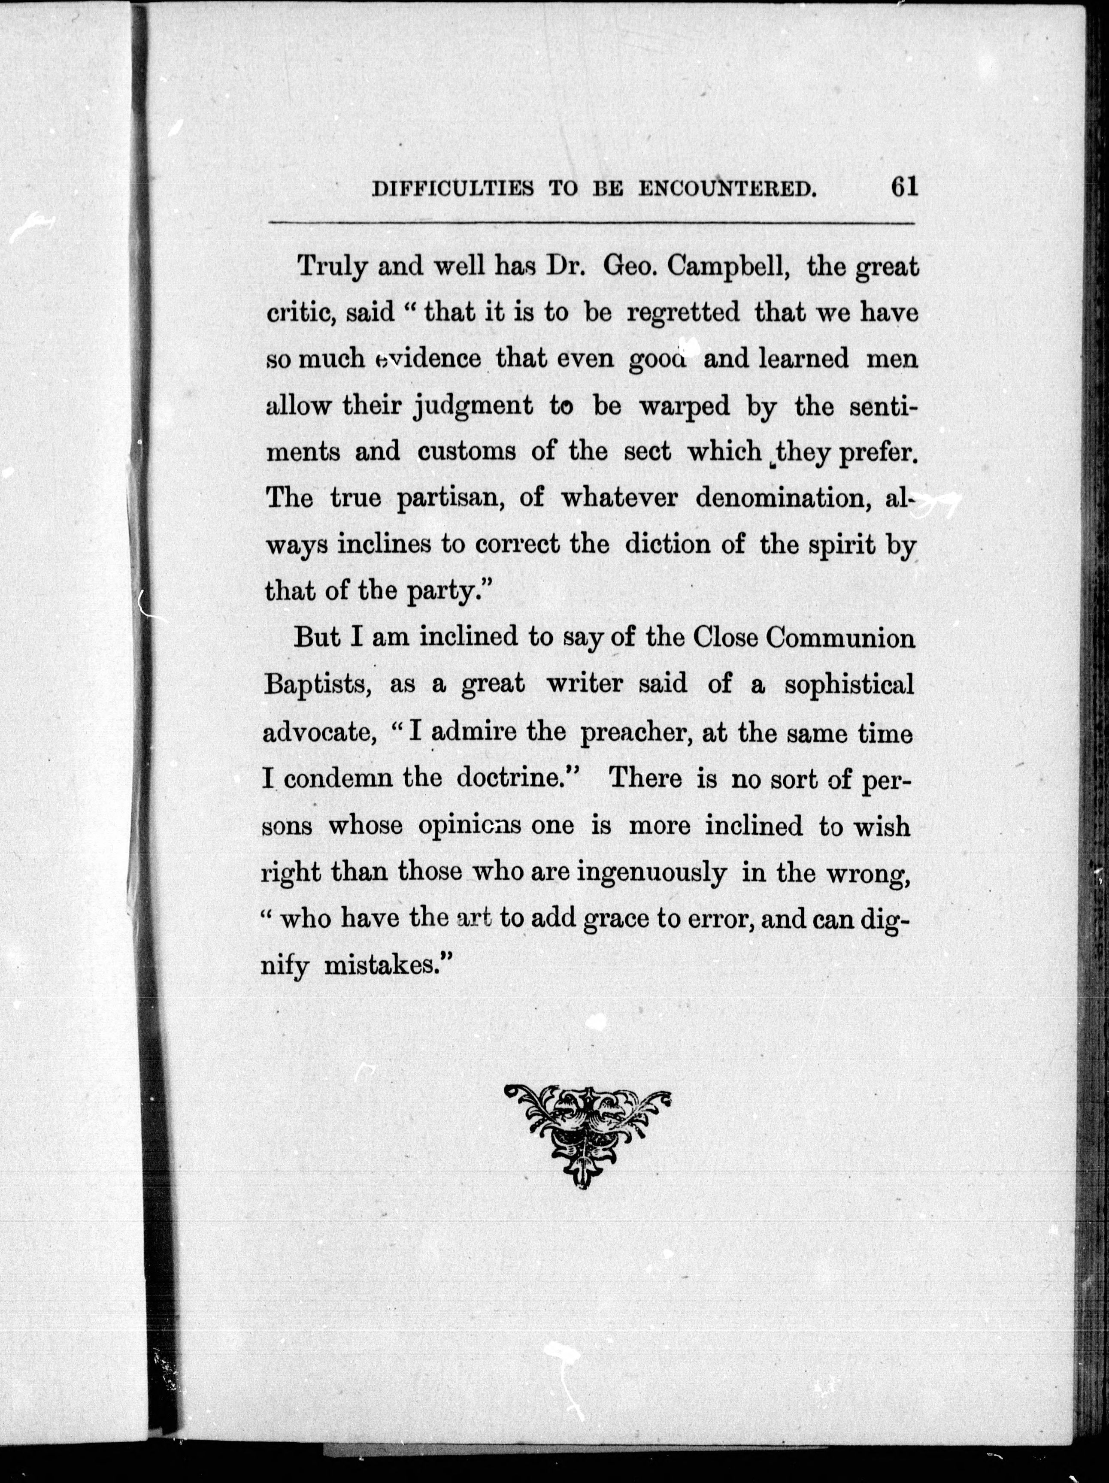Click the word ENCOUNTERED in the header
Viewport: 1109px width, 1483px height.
point(727,190)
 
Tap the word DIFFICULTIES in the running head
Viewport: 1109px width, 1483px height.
point(453,190)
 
